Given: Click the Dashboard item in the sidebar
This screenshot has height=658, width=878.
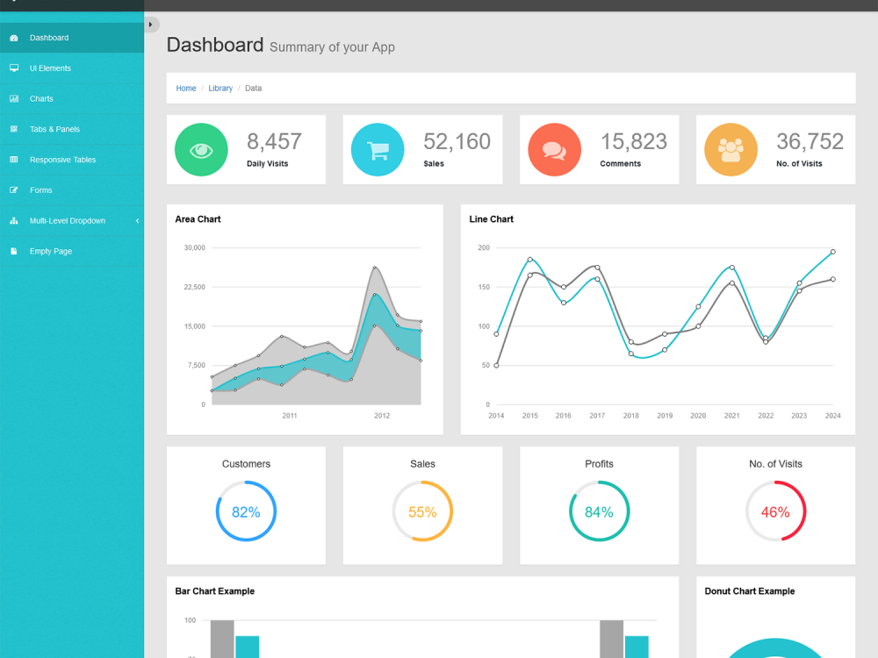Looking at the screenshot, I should pos(49,38).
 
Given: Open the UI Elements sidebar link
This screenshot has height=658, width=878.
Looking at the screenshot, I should pos(50,68).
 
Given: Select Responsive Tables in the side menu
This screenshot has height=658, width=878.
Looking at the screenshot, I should pos(62,160).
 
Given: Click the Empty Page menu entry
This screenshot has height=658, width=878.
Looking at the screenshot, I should pos(51,251).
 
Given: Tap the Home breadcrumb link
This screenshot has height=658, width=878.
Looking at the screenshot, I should pos(186,89).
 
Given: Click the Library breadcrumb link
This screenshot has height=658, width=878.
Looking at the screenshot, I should pos(220,89).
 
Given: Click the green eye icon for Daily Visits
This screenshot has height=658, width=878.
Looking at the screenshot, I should pos(202,150).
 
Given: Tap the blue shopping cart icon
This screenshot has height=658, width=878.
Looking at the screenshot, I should pos(378,150).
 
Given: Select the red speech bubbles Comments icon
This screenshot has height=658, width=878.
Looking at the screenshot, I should pos(554,150).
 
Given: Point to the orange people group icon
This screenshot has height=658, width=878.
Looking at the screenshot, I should pos(730,150).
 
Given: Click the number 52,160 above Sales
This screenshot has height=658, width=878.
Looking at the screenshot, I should pos(457,141).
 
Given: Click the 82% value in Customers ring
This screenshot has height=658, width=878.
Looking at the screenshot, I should pos(246,511).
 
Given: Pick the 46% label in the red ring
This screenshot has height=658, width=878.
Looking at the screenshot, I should pos(775,511).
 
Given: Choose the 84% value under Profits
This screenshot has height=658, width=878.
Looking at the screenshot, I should pos(599,511).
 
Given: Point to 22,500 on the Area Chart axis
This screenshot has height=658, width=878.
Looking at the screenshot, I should pos(193,287).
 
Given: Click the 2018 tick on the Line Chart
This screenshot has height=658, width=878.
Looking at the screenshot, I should pos(630,416).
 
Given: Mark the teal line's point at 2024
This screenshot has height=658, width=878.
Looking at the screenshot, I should pos(832,252).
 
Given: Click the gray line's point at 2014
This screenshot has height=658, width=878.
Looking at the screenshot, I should pos(496,365).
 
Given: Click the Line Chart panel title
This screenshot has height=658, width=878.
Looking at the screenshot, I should pos(492,219).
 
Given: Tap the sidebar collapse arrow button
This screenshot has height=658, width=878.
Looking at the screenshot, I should pos(151,25).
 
